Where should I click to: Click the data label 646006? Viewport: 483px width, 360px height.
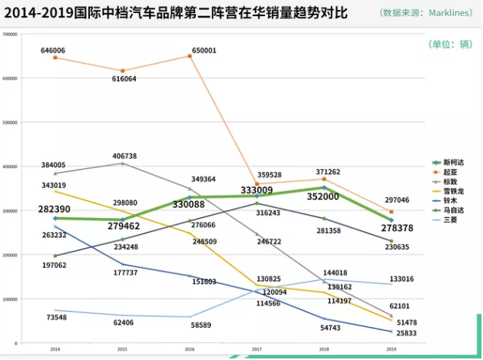(53, 51)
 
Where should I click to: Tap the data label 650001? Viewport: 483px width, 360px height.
(203, 51)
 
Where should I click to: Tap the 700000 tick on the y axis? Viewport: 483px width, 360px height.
(11, 35)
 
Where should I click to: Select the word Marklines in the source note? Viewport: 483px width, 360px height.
(448, 13)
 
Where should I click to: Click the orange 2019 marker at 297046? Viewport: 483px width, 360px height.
(392, 211)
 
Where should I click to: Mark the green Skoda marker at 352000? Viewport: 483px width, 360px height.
(324, 187)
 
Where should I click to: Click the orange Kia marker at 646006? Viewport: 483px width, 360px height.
(55, 58)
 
